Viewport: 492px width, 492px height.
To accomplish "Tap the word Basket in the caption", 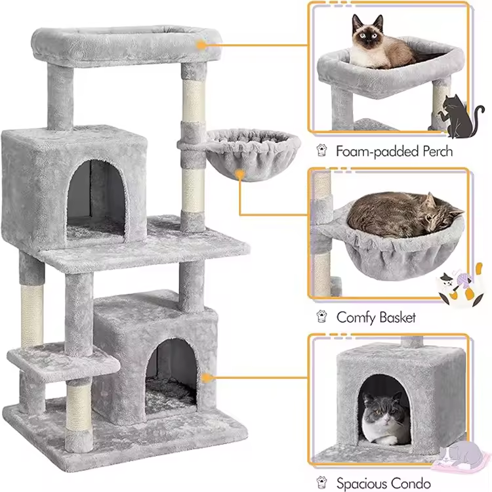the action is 396,318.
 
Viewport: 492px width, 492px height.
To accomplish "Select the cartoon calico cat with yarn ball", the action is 461,286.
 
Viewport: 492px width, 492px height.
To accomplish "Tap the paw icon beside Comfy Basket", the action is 322,317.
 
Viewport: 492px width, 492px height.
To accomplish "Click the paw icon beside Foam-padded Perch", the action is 322,150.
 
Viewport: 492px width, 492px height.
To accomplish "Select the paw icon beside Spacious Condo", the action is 322,483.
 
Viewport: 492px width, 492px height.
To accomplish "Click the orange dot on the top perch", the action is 201,45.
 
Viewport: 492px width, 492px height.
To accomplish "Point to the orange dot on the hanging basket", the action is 240,174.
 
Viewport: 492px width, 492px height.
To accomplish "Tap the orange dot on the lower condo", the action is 206,377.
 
